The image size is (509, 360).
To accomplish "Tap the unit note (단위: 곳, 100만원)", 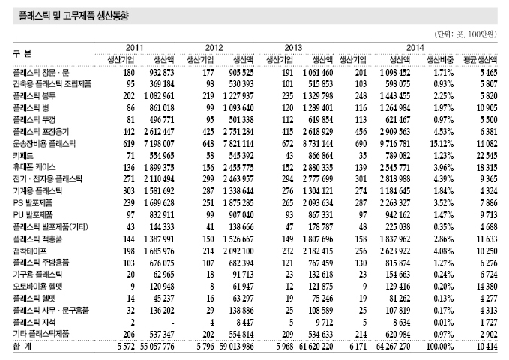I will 466,35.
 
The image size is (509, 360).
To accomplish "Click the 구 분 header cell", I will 22,54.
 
